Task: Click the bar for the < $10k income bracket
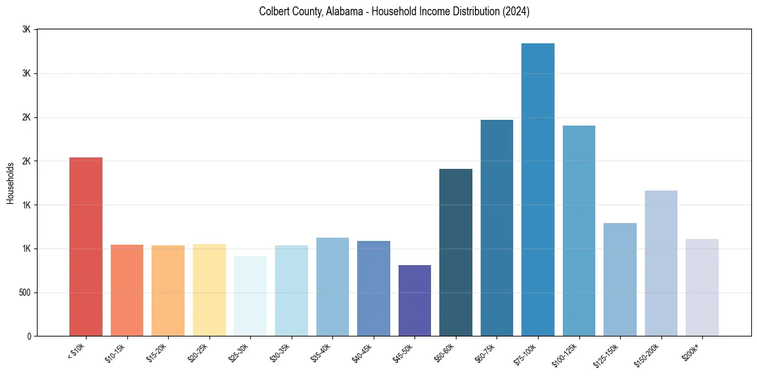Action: click(86, 247)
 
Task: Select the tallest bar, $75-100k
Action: click(538, 190)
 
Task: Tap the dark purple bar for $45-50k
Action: click(414, 300)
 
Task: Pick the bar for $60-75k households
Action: click(497, 228)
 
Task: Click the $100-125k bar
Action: click(579, 231)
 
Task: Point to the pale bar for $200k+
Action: click(702, 287)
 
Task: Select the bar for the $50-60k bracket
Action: click(456, 252)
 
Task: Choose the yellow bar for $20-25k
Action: click(209, 290)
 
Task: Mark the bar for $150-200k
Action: click(661, 263)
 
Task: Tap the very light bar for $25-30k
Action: click(250, 296)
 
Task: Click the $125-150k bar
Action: click(620, 279)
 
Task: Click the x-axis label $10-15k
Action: click(116, 352)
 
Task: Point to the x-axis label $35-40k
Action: click(322, 352)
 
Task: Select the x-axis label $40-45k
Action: click(362, 352)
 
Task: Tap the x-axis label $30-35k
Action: click(280, 352)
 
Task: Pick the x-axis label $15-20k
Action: click(157, 352)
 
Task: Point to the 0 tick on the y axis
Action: click(29, 336)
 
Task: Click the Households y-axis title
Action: click(11, 183)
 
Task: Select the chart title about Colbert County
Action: click(394, 11)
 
